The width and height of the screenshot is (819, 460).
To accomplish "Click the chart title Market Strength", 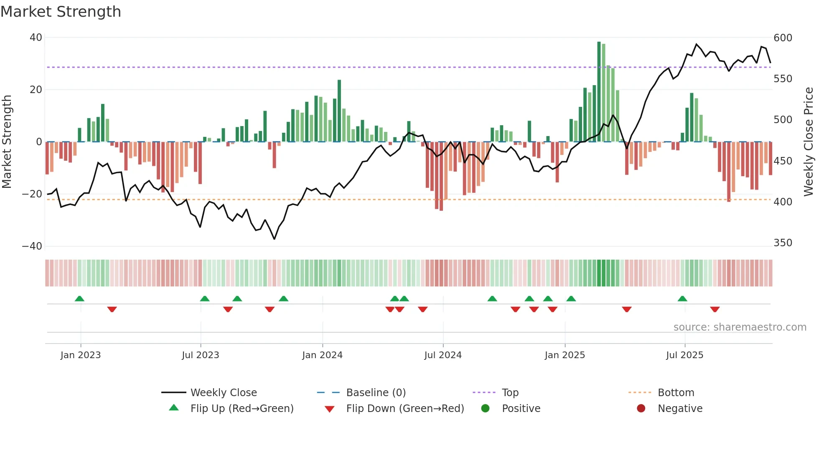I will pyautogui.click(x=61, y=12).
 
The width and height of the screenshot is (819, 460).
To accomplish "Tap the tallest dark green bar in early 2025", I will pyautogui.click(x=599, y=92).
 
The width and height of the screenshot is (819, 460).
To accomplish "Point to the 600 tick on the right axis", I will pyautogui.click(x=783, y=38).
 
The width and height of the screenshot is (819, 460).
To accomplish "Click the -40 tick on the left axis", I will pyautogui.click(x=32, y=246).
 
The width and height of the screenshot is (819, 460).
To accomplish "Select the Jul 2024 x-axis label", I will pyautogui.click(x=443, y=355).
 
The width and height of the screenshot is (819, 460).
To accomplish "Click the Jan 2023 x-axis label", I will pyautogui.click(x=81, y=355).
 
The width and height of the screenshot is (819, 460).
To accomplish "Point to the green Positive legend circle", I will pyautogui.click(x=485, y=408).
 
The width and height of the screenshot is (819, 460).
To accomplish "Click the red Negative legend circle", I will pyautogui.click(x=641, y=408).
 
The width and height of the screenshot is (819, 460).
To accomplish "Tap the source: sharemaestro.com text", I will pyautogui.click(x=740, y=327).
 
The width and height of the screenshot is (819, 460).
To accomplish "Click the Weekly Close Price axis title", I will pyautogui.click(x=809, y=142).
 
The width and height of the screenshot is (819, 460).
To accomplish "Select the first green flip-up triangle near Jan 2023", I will pyautogui.click(x=79, y=298).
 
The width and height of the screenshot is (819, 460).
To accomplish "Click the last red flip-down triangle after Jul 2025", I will pyautogui.click(x=715, y=309).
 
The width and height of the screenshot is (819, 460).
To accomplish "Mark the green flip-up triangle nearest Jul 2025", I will pyautogui.click(x=682, y=298).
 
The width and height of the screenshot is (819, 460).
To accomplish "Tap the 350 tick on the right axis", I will pyautogui.click(x=783, y=243).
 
